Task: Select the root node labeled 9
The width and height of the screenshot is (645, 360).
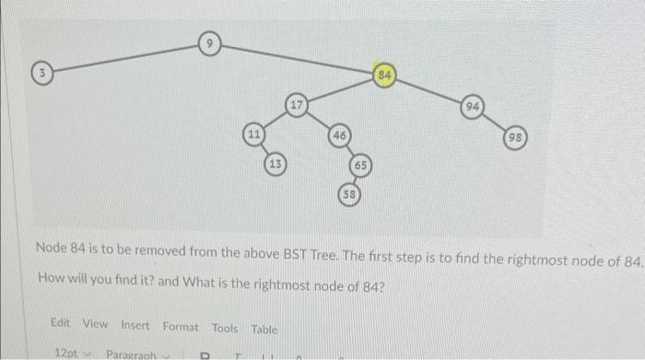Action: point(210,41)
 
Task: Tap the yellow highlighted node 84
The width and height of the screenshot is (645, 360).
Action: point(385,74)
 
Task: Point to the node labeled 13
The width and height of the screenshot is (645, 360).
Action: point(276,164)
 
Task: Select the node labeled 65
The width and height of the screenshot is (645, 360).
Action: point(361,166)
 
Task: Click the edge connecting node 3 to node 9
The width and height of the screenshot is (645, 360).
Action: point(125,55)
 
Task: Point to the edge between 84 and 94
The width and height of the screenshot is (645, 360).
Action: point(429,91)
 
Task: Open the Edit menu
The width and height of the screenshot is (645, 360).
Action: point(61,323)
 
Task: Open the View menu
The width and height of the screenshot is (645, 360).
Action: point(95,323)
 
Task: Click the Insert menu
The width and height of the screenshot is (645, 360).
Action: point(135,323)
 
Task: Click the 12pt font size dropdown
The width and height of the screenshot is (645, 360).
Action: point(72,353)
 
